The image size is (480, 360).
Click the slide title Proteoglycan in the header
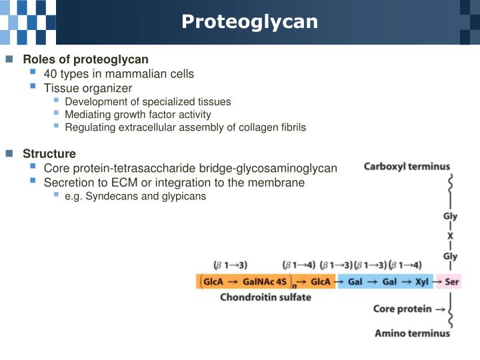point(249,22)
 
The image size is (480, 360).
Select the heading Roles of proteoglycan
point(85,59)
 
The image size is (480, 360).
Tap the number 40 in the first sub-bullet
point(51,74)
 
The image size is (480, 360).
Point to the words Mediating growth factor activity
point(137,114)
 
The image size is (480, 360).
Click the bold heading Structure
point(49,154)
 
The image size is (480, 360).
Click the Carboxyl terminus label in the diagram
point(406,167)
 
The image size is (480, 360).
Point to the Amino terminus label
point(412,333)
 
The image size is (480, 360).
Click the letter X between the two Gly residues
point(450,236)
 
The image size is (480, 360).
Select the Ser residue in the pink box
point(452,281)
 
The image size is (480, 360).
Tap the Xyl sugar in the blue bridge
point(421,281)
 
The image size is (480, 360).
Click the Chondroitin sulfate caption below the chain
point(265,297)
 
